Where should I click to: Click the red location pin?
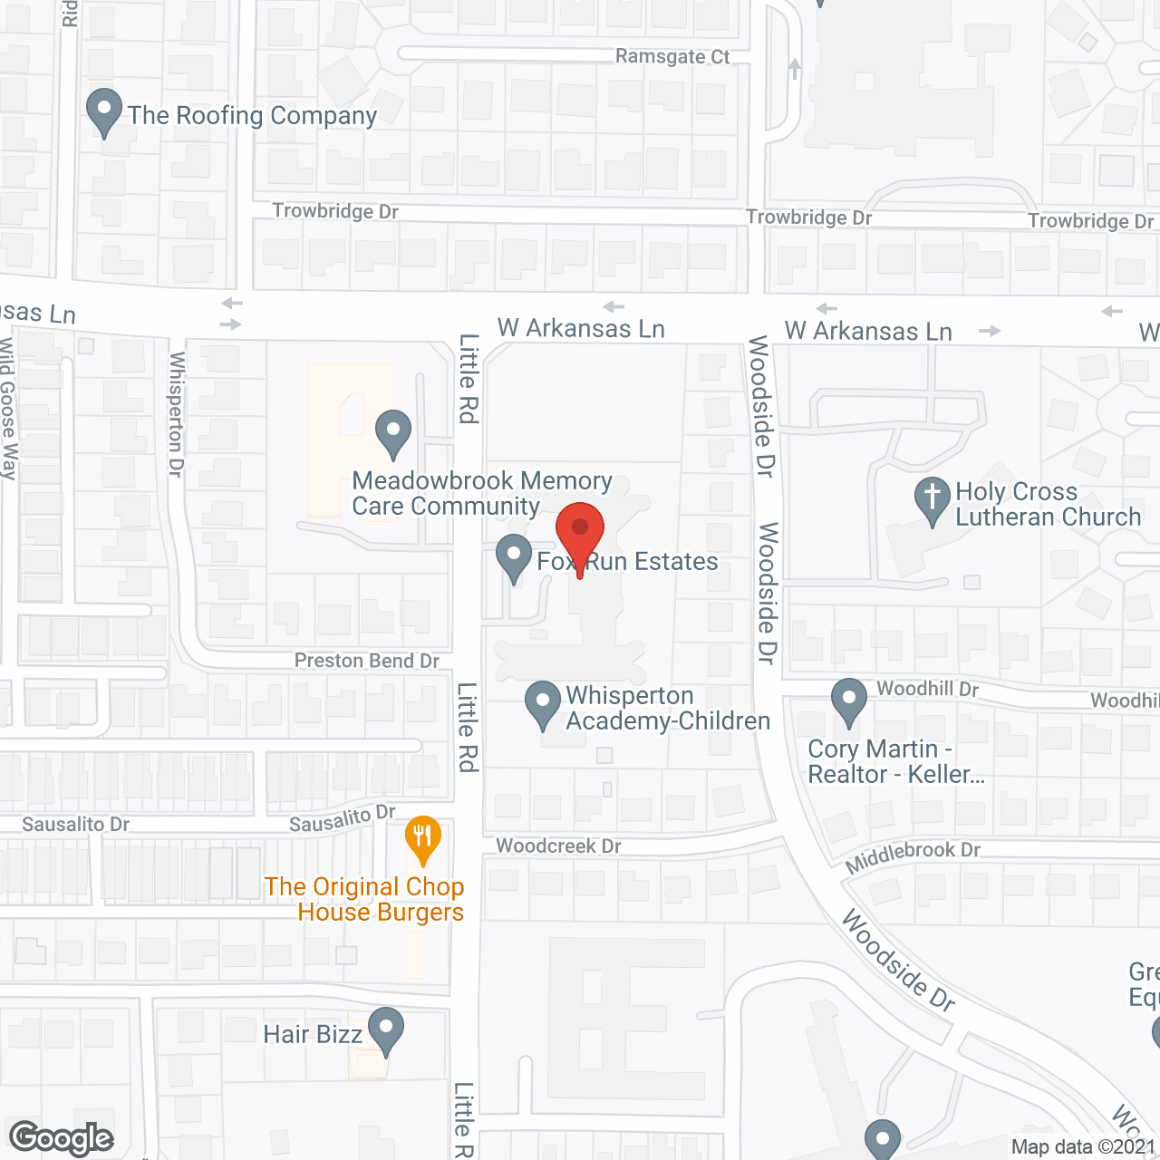pos(580,530)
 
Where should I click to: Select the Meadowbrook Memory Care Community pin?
pos(393,433)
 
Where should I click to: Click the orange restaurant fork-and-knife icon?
pos(422,838)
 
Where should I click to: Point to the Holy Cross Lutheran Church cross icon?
pos(932,500)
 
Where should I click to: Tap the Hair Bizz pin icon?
pos(386,1030)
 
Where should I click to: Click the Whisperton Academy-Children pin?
pos(543,704)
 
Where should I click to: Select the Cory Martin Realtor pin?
pos(848,701)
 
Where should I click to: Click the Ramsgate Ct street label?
pos(672,56)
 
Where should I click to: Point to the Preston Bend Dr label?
pos(366,661)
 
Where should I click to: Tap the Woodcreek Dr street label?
pos(558,846)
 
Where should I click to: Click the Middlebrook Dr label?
pos(913,855)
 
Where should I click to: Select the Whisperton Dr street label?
pos(177,414)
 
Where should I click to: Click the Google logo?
pos(62,1138)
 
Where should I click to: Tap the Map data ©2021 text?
pos(1083,1146)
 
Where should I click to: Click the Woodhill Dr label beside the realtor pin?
pos(927,689)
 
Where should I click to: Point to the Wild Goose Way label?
pos(8,408)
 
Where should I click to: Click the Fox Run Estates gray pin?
pos(514,558)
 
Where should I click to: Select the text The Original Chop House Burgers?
pos(364,899)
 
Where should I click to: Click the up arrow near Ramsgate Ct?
pos(795,68)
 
